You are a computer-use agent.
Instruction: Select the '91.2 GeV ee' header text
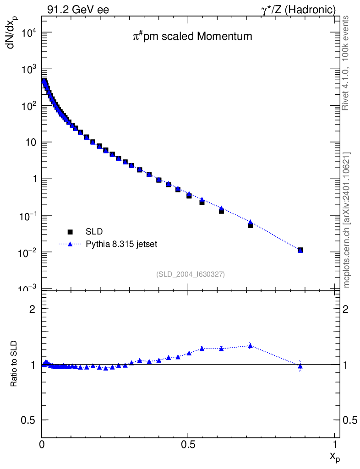(x=78, y=10)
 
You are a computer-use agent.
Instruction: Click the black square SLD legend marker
(x=71, y=232)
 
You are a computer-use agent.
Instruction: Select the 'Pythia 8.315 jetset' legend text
(x=122, y=244)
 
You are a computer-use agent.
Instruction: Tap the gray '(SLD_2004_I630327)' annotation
(x=191, y=274)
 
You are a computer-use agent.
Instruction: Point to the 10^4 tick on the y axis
(x=28, y=33)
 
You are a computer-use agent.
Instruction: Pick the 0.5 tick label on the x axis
(x=188, y=444)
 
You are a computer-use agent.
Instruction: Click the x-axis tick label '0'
(x=42, y=444)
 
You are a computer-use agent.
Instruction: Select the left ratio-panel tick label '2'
(x=33, y=309)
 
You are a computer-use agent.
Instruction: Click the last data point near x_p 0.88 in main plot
(x=300, y=250)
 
